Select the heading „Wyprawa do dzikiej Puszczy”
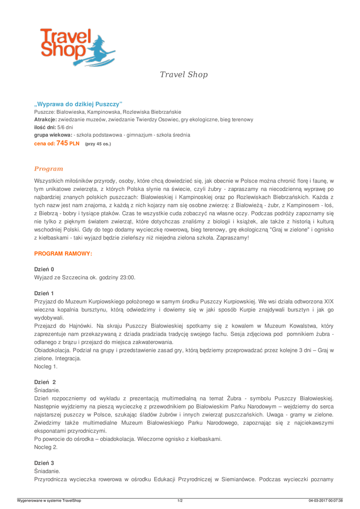pyautogui.click(x=78, y=104)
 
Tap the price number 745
pyautogui.click(x=62, y=143)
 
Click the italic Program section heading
pyautogui.click(x=48, y=169)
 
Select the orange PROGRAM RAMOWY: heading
pyautogui.click(x=63, y=254)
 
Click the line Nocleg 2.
pyautogui.click(x=46, y=447)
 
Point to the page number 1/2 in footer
pyautogui.click(x=180, y=500)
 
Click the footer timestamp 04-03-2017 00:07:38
pyautogui.click(x=326, y=500)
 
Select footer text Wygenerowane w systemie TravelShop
pyautogui.click(x=49, y=500)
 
